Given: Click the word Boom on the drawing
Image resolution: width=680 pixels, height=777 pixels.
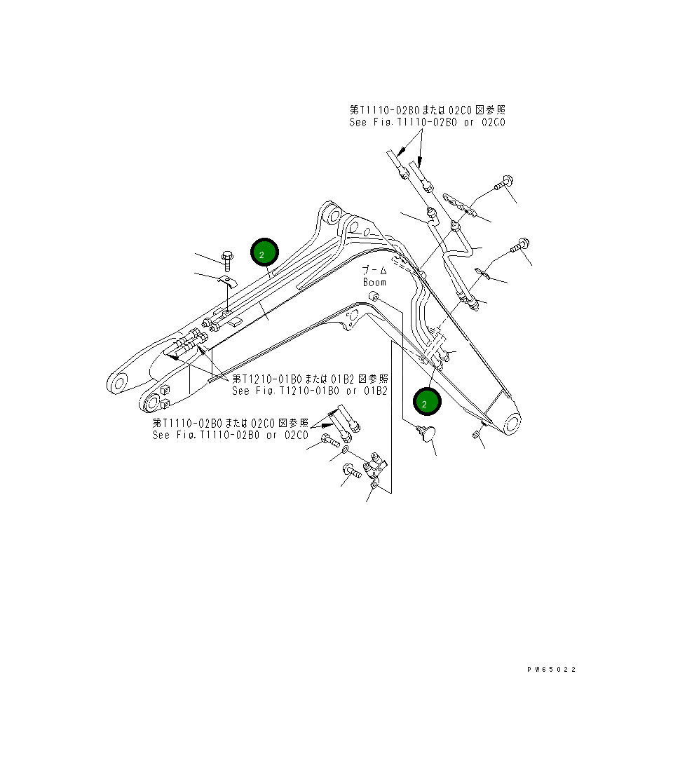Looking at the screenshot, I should point(374,282).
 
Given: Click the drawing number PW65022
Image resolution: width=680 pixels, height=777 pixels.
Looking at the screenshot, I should point(552,670).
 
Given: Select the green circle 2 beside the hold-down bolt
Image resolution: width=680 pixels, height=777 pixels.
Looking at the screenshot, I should point(264,254).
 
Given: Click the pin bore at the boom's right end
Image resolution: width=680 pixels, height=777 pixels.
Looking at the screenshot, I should point(510,423).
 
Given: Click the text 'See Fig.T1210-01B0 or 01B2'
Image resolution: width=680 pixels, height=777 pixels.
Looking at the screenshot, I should point(310,391).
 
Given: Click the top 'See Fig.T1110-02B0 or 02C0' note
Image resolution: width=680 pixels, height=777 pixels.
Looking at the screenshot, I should point(428,122).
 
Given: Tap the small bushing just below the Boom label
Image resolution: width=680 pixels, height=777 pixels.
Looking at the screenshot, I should point(375,298).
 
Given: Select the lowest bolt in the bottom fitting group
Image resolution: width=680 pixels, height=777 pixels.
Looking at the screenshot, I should point(350,472).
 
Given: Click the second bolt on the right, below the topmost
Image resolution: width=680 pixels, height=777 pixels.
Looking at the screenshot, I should point(520,246).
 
